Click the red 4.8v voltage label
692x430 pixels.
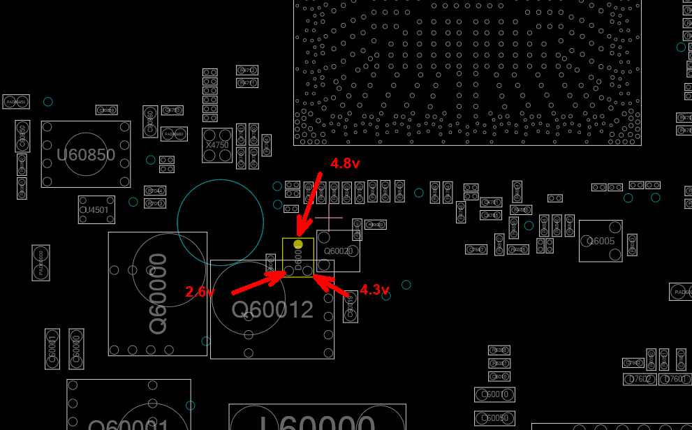tap(345, 164)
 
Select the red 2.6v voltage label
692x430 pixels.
tap(200, 292)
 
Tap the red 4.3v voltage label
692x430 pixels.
tap(374, 290)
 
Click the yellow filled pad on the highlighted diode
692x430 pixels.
tap(298, 244)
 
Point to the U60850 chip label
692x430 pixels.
tap(86, 154)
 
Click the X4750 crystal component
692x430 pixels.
tap(217, 144)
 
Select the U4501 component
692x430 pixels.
tap(96, 209)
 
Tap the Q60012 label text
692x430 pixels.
tap(272, 309)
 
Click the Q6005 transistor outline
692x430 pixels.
tap(601, 242)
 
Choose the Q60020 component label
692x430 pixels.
tap(339, 251)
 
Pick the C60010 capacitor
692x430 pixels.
tap(494, 394)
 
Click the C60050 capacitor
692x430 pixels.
tap(494, 418)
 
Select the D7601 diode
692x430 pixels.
tap(675, 379)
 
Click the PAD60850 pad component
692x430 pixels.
tap(16, 102)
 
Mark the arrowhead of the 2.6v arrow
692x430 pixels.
tap(284, 273)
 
